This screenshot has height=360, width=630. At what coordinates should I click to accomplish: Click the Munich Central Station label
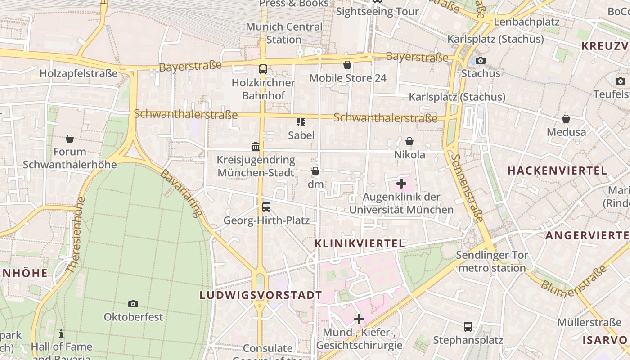[x=284, y=33]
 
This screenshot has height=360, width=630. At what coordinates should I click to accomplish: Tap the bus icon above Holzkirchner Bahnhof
[x=263, y=69]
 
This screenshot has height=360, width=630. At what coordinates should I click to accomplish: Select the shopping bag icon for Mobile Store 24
[x=347, y=65]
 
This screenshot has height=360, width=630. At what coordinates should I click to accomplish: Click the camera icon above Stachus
[x=481, y=60]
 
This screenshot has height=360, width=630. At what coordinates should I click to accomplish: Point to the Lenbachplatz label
[x=526, y=22]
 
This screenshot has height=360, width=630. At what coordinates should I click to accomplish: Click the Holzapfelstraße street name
[x=79, y=73]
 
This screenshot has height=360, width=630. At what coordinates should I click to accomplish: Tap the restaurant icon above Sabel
[x=301, y=121]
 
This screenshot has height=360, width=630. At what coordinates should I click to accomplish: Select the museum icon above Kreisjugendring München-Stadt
[x=256, y=146]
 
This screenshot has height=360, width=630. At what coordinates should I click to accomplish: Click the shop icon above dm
[x=315, y=171]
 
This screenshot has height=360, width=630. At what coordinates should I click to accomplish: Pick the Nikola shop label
[x=409, y=155]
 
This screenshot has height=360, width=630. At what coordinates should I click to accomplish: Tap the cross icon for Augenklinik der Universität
[x=401, y=183]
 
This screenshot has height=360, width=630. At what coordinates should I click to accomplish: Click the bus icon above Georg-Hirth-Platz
[x=266, y=207]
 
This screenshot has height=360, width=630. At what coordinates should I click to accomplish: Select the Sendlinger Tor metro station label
[x=492, y=262]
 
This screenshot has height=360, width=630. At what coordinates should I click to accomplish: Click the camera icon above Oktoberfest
[x=133, y=304]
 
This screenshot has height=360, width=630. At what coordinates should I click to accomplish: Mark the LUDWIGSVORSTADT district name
[x=261, y=296]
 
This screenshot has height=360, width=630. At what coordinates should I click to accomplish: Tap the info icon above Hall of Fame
[x=61, y=333]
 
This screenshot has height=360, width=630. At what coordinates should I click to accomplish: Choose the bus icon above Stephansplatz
[x=468, y=326]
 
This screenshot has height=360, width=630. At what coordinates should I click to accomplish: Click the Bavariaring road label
[x=181, y=193]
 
